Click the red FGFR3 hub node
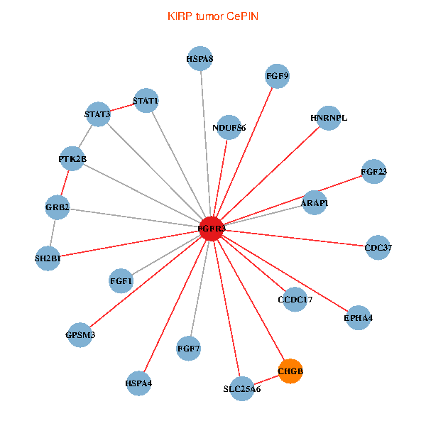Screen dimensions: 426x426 (x=212, y=229)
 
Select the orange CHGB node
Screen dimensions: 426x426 (x=290, y=371)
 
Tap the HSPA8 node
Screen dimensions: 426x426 (x=200, y=59)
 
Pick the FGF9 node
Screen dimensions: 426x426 (x=277, y=76)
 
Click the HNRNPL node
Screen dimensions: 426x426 (x=329, y=118)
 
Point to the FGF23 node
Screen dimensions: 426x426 (x=374, y=171)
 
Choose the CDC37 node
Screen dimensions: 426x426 (x=378, y=248)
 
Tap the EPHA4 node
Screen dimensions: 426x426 (x=359, y=317)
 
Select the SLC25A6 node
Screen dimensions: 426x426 (x=242, y=389)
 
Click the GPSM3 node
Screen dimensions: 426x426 (x=80, y=334)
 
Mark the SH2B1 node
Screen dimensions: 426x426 (x=48, y=258)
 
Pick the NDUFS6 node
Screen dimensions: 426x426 (x=229, y=127)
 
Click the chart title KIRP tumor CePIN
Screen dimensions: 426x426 (x=213, y=16)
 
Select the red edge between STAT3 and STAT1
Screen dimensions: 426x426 (x=122, y=108)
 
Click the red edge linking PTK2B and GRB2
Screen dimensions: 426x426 (x=65, y=183)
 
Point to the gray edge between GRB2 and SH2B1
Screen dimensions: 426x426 (x=53, y=233)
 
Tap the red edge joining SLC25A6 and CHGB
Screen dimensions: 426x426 (x=266, y=380)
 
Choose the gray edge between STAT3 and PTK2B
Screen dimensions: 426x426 (x=85, y=136)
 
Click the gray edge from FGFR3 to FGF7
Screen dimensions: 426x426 (x=200, y=288)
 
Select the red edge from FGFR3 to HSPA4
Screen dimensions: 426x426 (x=175, y=306)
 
